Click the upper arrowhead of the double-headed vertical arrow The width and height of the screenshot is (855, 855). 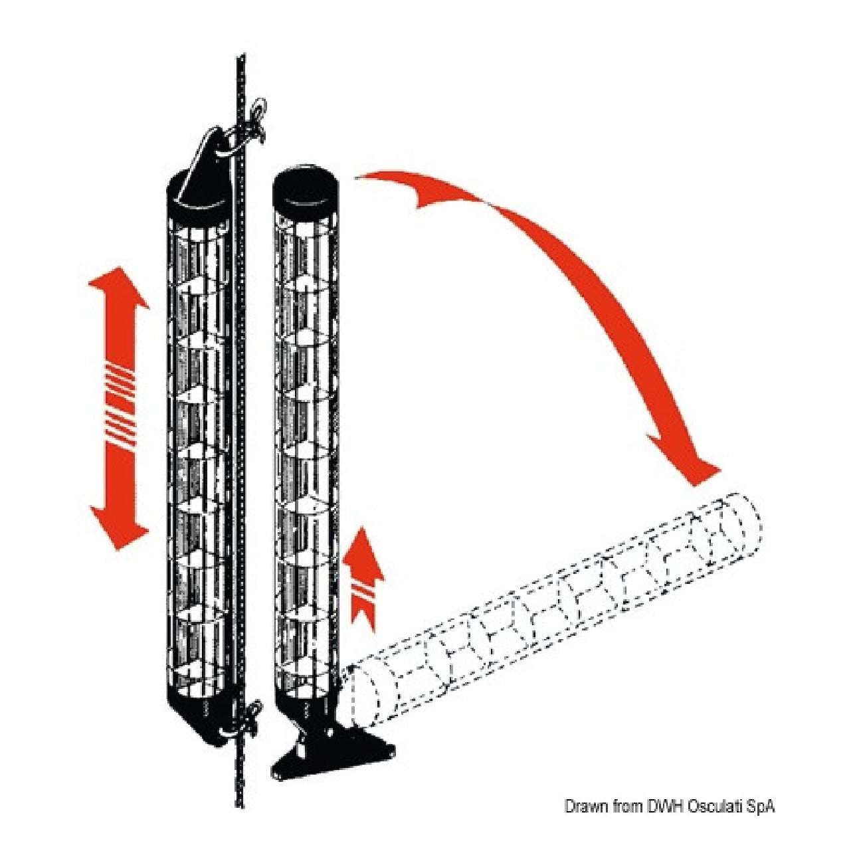click(x=118, y=288)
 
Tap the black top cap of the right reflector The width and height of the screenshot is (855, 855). click(x=306, y=191)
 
